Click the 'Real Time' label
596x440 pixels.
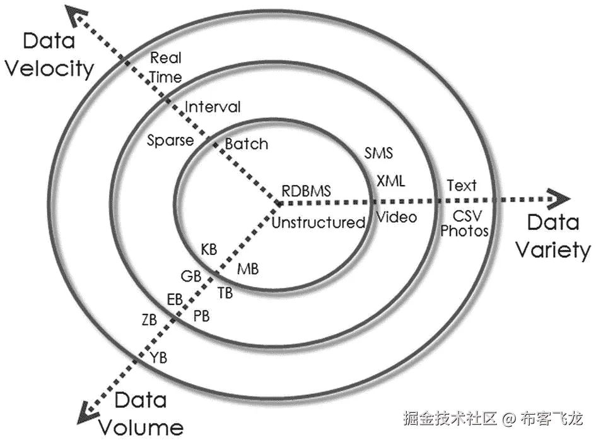[166, 68]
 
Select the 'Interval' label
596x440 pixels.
[212, 107]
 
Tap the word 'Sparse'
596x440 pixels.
[170, 140]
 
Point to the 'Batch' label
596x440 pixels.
[247, 144]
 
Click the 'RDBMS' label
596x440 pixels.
[306, 190]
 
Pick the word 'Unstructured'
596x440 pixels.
[318, 222]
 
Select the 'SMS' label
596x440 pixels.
[378, 153]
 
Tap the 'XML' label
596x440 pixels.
[391, 181]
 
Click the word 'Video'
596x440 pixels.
[397, 217]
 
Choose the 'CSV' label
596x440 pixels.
[467, 217]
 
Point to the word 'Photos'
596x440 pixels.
[464, 231]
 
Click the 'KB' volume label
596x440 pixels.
[209, 249]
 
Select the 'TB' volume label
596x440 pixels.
[225, 292]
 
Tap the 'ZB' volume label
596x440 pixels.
[149, 319]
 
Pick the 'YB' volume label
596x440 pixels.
[159, 358]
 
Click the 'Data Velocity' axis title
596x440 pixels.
[49, 55]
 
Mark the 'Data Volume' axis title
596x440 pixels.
[140, 413]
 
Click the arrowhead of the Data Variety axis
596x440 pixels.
[559, 199]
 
